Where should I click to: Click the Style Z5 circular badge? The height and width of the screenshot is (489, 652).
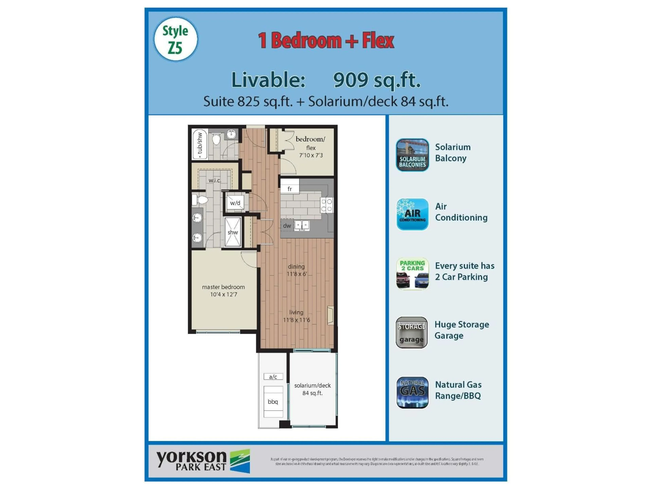[x=176, y=39]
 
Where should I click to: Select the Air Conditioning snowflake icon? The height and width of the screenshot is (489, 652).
[x=412, y=214]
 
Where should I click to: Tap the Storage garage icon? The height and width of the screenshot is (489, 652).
[x=411, y=332]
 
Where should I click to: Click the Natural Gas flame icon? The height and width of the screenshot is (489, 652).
[x=412, y=392]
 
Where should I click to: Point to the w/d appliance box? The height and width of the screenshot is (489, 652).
[x=235, y=203]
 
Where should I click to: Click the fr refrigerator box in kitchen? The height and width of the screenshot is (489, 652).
[x=289, y=189]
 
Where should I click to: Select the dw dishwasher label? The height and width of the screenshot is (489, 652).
[x=287, y=226]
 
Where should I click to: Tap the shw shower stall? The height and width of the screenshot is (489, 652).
[x=233, y=232]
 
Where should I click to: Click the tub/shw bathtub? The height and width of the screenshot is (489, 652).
[x=200, y=144]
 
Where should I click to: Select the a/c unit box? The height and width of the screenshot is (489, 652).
[x=273, y=377]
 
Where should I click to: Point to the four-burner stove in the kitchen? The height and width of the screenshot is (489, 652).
[x=326, y=205]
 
